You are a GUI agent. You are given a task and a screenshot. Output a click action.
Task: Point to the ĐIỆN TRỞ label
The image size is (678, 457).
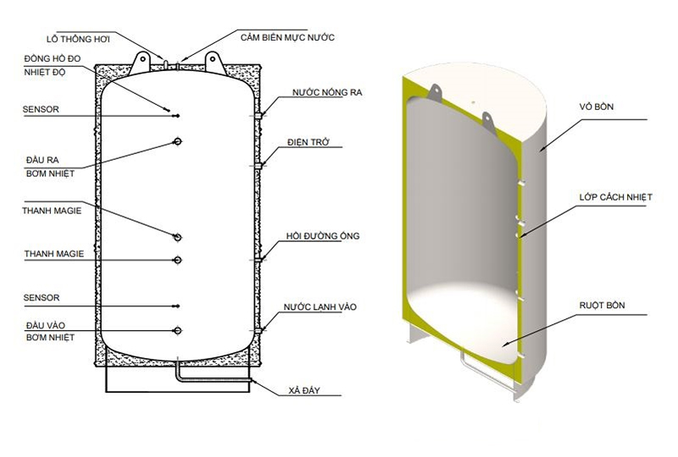(x=312, y=143)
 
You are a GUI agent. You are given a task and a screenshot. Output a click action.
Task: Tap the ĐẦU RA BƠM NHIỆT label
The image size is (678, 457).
(x=49, y=166)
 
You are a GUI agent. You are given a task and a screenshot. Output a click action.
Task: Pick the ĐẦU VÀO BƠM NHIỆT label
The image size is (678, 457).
(x=49, y=330)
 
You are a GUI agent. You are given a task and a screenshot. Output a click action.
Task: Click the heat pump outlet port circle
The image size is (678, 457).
(x=177, y=141)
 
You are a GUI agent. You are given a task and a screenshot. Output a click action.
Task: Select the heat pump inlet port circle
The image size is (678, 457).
(x=177, y=330)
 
